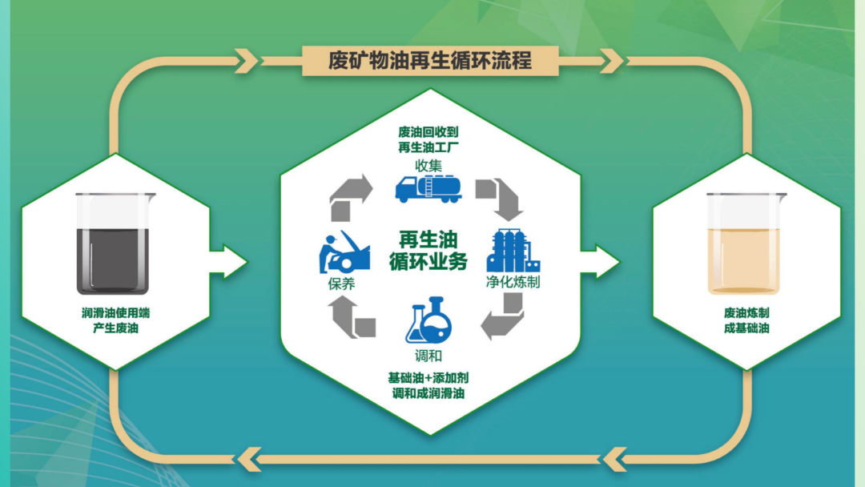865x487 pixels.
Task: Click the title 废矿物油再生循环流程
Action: pos(430,60)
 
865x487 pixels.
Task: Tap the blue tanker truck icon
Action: pos(428,188)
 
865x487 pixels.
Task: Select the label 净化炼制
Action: pos(513,282)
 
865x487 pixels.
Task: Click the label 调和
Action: pos(428,356)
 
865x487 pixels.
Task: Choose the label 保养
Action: pos(341,283)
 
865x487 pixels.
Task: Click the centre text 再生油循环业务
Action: pos(428,250)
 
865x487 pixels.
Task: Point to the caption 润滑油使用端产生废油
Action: pos(115,320)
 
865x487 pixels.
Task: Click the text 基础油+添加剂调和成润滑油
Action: pos(428,385)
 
